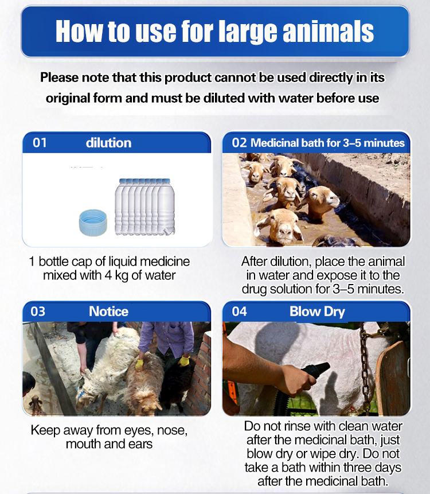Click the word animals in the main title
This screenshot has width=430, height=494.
tap(329, 31)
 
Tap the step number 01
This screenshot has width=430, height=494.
tap(40, 143)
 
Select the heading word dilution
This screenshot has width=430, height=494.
tap(108, 143)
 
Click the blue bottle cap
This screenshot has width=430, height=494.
tap(93, 223)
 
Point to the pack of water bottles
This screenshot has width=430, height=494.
tap(145, 207)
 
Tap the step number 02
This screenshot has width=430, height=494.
tap(239, 143)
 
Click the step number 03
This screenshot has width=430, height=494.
tap(38, 312)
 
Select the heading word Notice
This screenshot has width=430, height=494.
tap(108, 312)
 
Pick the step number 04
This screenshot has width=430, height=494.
tap(239, 312)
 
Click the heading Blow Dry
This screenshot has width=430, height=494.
tap(317, 312)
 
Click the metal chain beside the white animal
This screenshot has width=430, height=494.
tap(365, 368)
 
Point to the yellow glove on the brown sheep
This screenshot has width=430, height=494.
tap(139, 364)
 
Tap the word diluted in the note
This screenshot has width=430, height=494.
tap(224, 98)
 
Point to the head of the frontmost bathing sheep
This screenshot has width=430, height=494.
tap(280, 226)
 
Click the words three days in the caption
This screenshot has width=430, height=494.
tap(372, 468)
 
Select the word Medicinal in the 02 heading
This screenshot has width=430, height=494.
tap(274, 143)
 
